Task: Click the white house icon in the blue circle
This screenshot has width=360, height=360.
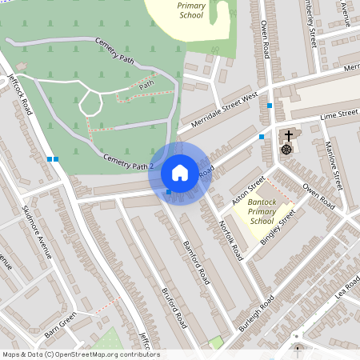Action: point(180,172)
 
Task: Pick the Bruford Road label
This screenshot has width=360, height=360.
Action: point(174,308)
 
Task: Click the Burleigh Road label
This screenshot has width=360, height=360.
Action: point(255,313)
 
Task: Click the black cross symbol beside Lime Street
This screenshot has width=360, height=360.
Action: point(288,135)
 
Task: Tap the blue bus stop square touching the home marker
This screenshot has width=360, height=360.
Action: point(168,192)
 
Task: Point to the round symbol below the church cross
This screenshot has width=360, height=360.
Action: point(286,149)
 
